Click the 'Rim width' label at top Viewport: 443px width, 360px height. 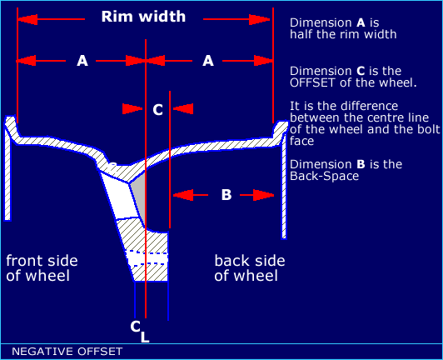click(143, 17)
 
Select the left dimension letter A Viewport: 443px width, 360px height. click(82, 61)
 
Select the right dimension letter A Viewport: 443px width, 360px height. click(208, 61)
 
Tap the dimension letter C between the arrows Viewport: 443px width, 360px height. click(157, 109)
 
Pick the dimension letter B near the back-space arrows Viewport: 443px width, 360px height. click(226, 195)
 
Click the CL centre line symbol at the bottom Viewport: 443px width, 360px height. click(140, 331)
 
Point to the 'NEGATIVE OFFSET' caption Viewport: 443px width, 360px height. click(67, 352)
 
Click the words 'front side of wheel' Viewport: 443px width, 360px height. click(42, 268)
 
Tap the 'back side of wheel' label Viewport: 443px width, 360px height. click(250, 268)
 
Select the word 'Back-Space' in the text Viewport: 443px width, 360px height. click(325, 176)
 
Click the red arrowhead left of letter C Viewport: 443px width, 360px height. click(132, 109)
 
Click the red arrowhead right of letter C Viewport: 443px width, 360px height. click(183, 109)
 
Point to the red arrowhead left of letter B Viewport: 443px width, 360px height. click(183, 195)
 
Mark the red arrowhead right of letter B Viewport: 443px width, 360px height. click(264, 195)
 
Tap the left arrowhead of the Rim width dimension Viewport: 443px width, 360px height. click(27, 19)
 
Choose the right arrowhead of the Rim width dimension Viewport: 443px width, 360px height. click(260, 19)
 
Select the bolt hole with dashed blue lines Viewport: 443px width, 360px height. click(147, 259)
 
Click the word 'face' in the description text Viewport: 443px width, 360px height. click(301, 141)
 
